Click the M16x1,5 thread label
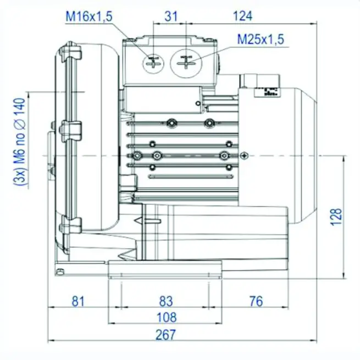click(89, 17)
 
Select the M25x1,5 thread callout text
click(261, 40)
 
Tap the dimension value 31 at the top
click(171, 16)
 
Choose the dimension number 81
click(78, 301)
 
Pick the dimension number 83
click(165, 301)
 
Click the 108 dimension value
click(165, 317)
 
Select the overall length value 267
click(165, 334)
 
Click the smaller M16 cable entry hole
click(152, 62)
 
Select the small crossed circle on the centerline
click(243, 156)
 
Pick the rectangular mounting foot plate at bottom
click(165, 270)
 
